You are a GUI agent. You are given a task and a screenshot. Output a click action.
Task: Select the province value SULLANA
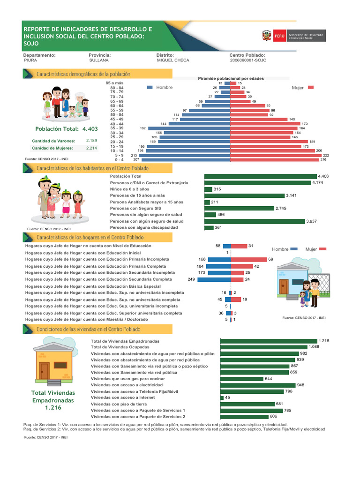pyautogui.click(x=98, y=60)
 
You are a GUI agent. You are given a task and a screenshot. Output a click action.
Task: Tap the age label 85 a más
pyautogui.click(x=115, y=83)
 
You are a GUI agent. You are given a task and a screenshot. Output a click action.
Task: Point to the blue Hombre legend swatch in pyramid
pyautogui.click(x=150, y=87)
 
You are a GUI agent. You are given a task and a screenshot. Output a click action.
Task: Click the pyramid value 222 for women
pyautogui.click(x=327, y=155)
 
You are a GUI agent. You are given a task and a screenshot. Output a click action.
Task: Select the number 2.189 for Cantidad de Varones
pyautogui.click(x=91, y=141)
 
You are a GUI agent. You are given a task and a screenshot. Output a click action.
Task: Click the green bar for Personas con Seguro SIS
pyautogui.click(x=239, y=208)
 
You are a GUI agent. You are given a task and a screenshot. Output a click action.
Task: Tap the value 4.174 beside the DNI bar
pyautogui.click(x=318, y=182)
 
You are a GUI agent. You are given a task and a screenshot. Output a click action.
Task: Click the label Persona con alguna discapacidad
pyautogui.click(x=144, y=227)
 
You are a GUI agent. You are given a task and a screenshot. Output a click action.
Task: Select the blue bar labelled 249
pyautogui.click(x=214, y=279)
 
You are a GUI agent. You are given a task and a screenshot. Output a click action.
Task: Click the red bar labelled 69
pyautogui.click(x=249, y=259)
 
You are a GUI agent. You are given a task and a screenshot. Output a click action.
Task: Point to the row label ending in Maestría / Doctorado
pyautogui.click(x=87, y=319)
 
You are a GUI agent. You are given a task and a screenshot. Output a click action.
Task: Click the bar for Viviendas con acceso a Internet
pyautogui.click(x=222, y=397)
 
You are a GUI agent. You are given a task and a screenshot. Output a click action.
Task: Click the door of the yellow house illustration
pyautogui.click(x=44, y=371)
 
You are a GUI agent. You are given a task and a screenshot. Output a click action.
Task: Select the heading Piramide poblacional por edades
pyautogui.click(x=231, y=78)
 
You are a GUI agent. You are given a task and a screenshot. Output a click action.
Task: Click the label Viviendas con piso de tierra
pyautogui.click(x=119, y=404)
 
